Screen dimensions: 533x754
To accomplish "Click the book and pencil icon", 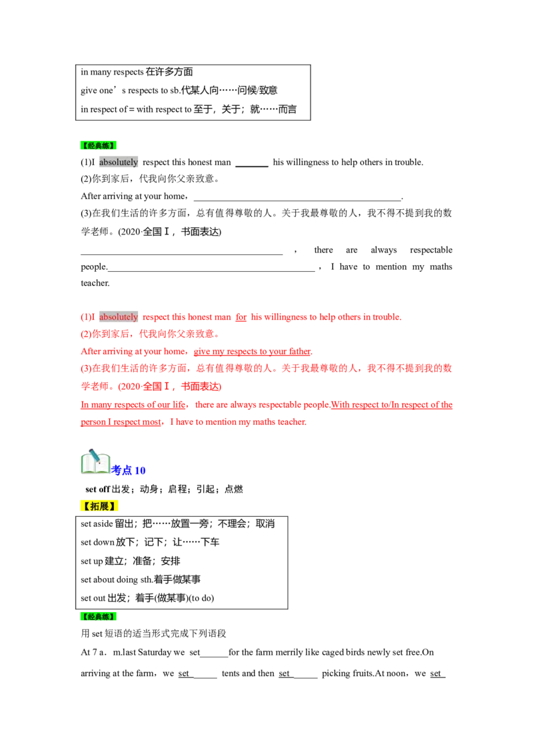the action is pos(95,462).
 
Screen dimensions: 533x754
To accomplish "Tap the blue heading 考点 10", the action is pos(128,470).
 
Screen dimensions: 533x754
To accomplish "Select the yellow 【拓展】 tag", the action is pos(99,506).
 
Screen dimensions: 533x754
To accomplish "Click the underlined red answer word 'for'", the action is pos(241,317).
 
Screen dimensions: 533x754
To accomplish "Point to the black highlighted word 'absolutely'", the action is pos(119,162).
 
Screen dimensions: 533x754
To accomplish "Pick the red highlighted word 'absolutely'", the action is pos(119,317).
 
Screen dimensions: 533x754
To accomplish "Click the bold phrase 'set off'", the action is pos(98,489).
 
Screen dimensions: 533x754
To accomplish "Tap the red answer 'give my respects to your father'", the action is pos(252,352).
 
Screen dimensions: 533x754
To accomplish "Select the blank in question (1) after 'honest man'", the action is pos(252,165).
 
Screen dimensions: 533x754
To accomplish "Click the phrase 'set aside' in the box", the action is pos(97,524).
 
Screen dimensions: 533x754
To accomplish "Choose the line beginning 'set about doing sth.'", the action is pos(141,579).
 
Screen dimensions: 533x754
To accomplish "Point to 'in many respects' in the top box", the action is pos(112,72).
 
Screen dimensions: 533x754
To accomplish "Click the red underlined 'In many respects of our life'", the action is pos(133,405).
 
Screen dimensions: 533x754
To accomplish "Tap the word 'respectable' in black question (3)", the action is pos(431,250).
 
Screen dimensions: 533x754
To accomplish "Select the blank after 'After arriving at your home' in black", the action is pos(297,198).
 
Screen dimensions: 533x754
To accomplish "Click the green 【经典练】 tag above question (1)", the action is pos(98,145).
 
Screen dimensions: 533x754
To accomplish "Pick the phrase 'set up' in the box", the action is pos(92,562).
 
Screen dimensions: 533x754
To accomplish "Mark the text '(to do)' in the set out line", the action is pos(201,598).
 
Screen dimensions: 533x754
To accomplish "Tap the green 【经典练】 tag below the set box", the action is pos(98,617).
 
